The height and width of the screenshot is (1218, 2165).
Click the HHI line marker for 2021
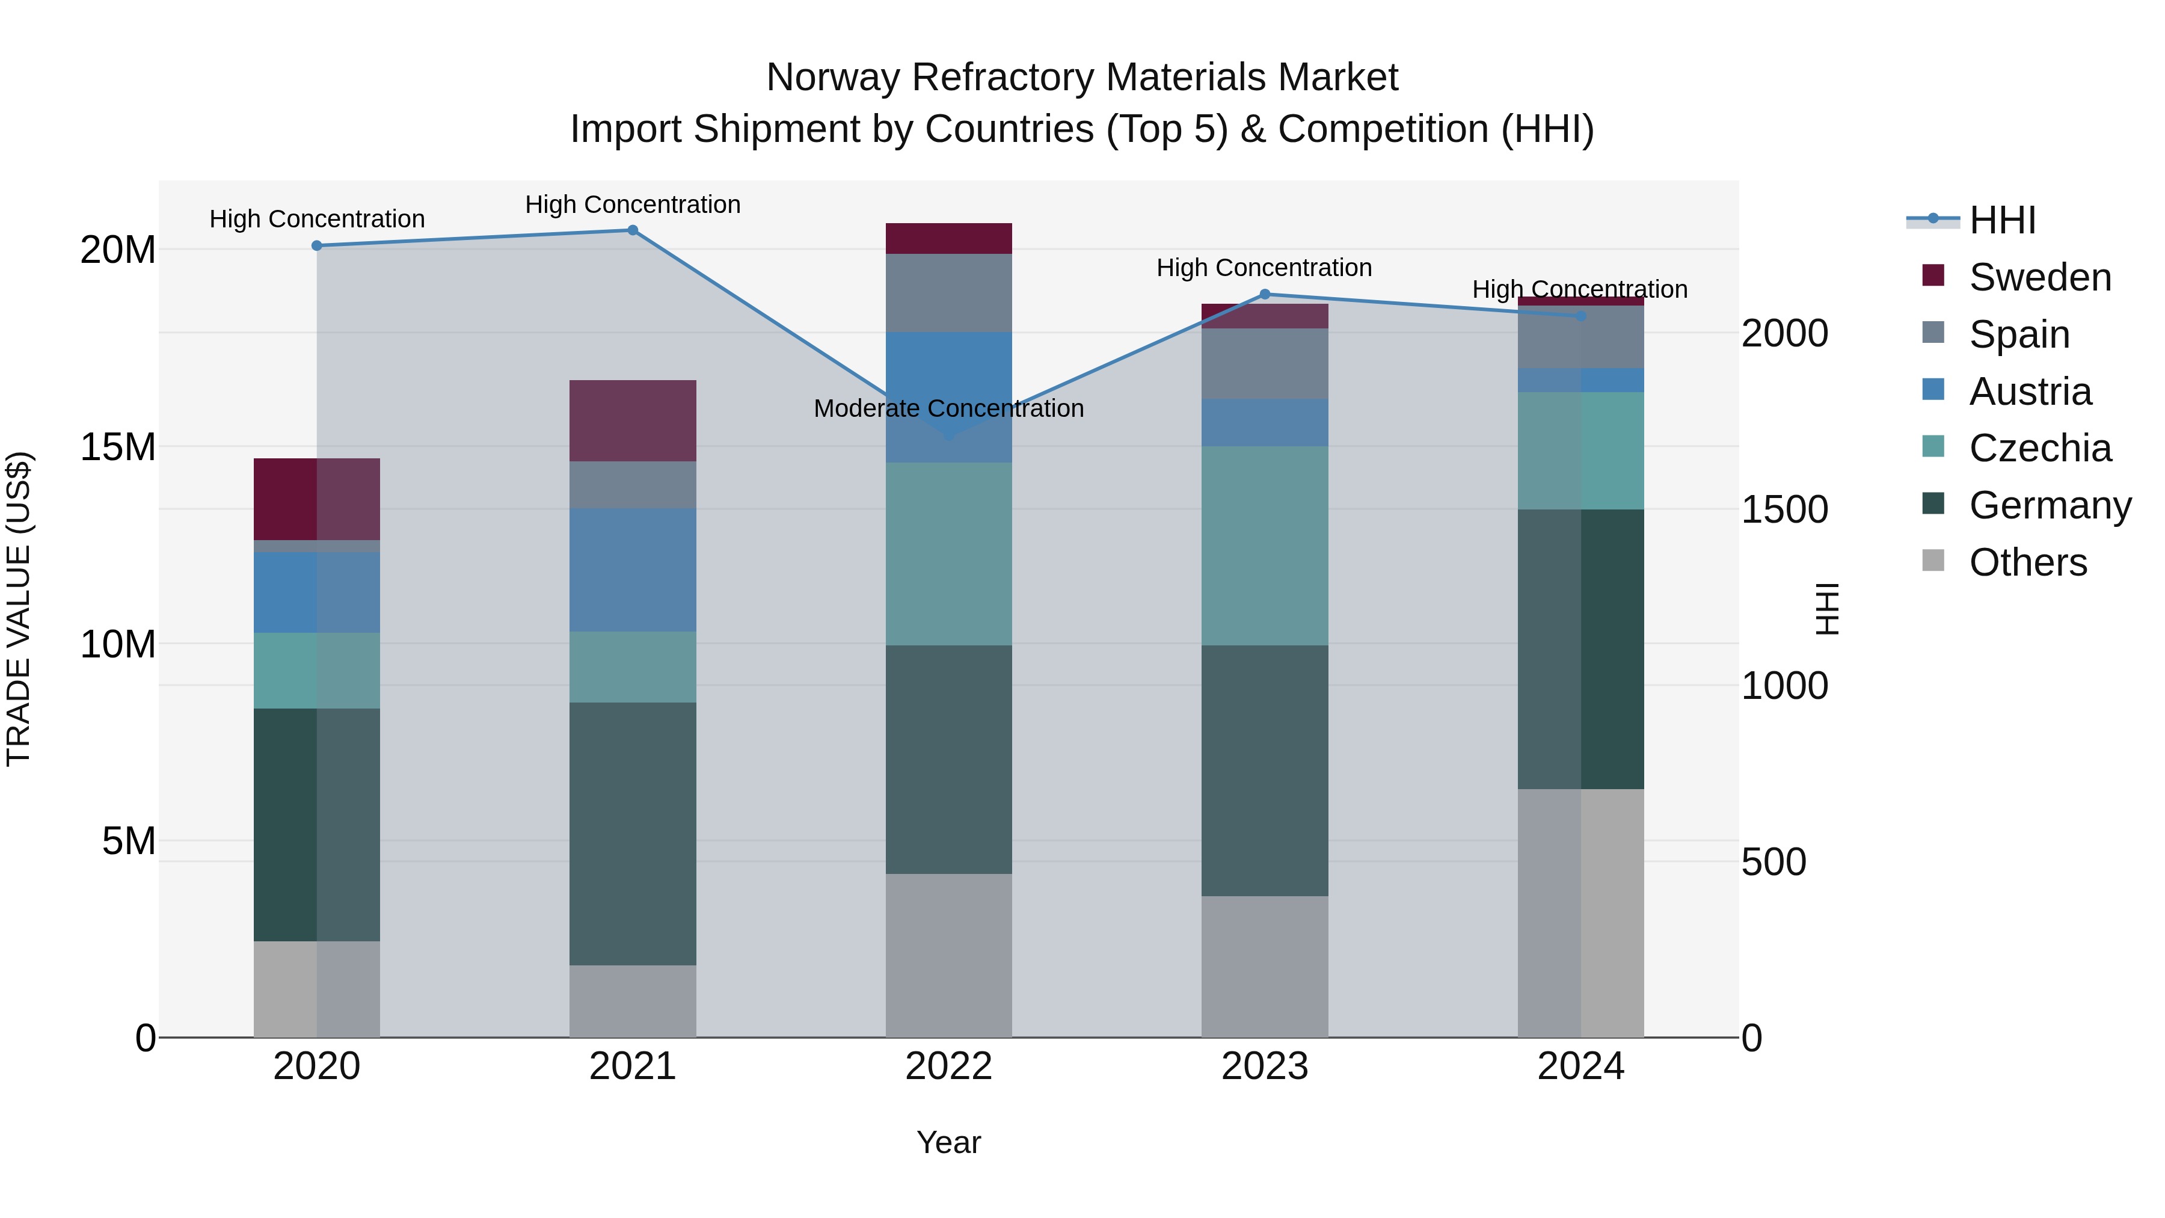633,230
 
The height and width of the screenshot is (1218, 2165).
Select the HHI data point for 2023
1265,294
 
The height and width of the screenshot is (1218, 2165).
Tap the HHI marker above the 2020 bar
317,245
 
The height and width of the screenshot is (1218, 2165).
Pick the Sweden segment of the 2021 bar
633,420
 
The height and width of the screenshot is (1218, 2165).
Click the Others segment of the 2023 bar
1265,967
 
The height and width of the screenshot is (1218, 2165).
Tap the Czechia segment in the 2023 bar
1265,546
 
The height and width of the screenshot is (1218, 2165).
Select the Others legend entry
2027,562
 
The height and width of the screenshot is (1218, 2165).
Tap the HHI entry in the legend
2002,220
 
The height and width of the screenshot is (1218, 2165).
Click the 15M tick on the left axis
118,447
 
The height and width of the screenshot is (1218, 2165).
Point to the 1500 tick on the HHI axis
1784,509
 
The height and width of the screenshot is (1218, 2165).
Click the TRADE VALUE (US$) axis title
19,609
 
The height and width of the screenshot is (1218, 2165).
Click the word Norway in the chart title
833,78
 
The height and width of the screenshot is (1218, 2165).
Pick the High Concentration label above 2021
633,205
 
